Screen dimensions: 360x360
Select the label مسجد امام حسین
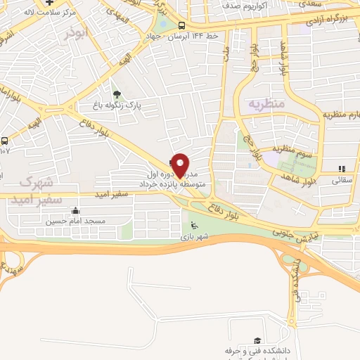point(75,221)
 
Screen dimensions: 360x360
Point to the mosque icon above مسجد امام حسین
point(75,211)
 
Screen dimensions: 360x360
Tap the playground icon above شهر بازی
point(194,226)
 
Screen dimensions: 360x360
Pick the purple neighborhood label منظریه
point(266,103)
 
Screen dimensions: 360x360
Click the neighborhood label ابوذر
point(77,33)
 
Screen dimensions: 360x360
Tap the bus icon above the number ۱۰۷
point(4,141)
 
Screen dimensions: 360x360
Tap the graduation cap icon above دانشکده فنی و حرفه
point(257,340)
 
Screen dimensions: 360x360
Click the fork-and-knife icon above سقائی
point(342,169)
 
